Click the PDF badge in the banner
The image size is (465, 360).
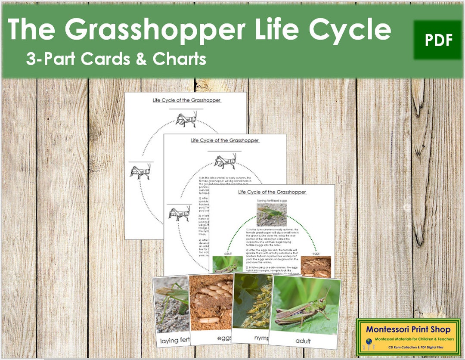point(438,40)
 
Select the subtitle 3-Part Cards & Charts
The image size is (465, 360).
point(116,59)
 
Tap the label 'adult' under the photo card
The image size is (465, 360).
point(303,341)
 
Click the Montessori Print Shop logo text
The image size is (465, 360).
point(407,329)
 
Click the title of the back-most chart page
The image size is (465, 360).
point(186,100)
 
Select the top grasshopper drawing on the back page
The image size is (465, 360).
point(186,119)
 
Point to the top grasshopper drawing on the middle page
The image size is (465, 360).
point(224,161)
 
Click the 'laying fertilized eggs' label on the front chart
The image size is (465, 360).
point(272,200)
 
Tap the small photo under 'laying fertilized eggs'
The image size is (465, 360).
point(272,214)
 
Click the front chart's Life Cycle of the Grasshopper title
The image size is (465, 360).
point(272,192)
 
